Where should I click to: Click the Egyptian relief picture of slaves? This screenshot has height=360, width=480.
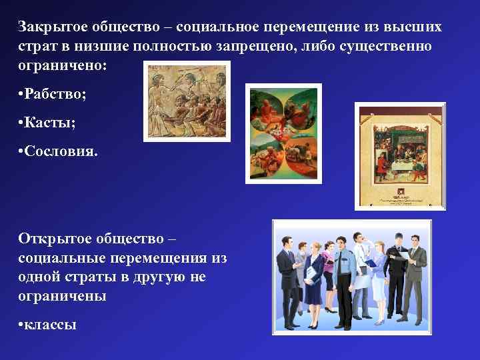(x=187, y=101)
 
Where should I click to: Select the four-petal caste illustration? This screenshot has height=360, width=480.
(x=283, y=133)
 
